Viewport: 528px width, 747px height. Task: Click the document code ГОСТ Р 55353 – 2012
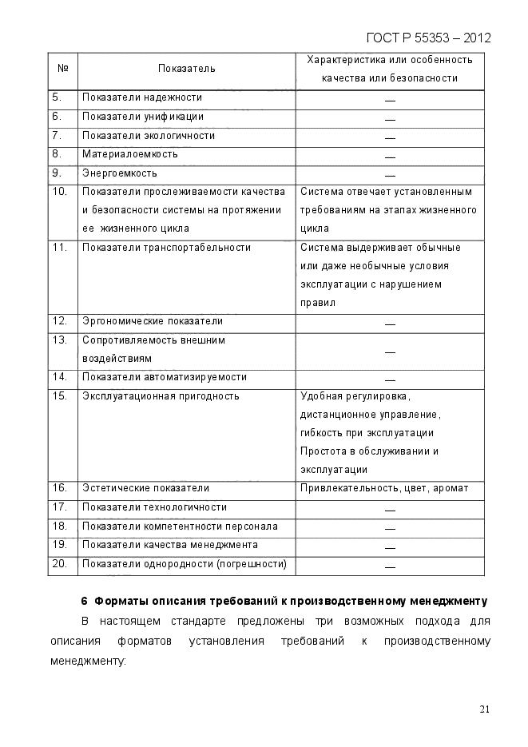tap(428, 38)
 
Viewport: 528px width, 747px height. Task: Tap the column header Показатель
tap(186, 69)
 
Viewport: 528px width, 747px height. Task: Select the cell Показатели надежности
tap(141, 98)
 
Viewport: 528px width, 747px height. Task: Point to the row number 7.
tap(57, 136)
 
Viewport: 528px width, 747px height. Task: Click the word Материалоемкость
tap(129, 154)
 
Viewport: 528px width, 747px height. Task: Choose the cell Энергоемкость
tap(119, 173)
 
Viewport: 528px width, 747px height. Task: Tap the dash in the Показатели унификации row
tap(390, 118)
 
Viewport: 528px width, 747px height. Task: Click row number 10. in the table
tap(59, 192)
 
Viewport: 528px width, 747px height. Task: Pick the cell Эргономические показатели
tap(152, 321)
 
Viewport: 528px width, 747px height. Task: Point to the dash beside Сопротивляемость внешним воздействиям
tap(390, 352)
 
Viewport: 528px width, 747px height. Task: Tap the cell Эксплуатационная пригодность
tap(161, 396)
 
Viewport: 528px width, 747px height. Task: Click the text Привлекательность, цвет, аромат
tap(384, 488)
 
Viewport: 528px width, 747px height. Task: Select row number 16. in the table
tap(59, 488)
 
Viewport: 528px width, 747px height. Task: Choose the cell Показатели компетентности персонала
tap(180, 526)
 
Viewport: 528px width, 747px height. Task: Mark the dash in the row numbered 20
tap(390, 566)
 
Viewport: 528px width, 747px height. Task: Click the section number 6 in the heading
tap(84, 601)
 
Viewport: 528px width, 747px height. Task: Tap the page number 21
tap(485, 709)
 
